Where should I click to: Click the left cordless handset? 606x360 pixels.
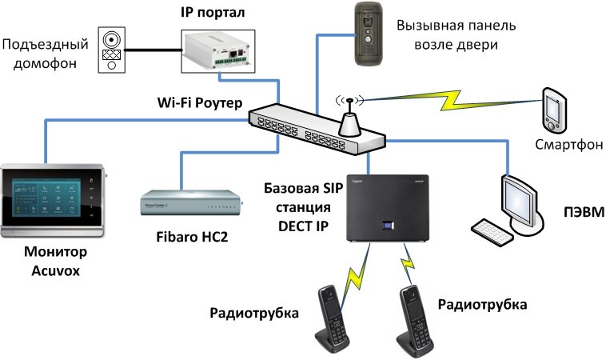tap(334, 318)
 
